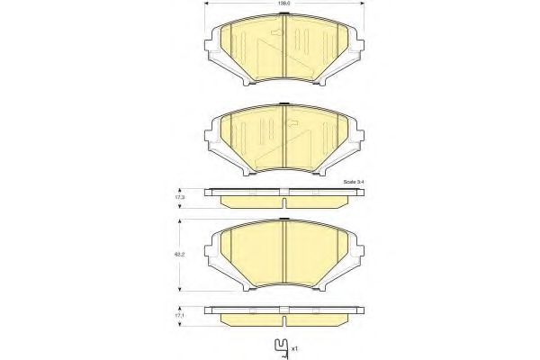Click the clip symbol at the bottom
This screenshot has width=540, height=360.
282,344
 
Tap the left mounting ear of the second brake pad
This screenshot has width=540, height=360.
212,131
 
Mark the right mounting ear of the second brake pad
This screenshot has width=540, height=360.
355,131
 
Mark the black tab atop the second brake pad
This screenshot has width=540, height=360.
283,107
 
